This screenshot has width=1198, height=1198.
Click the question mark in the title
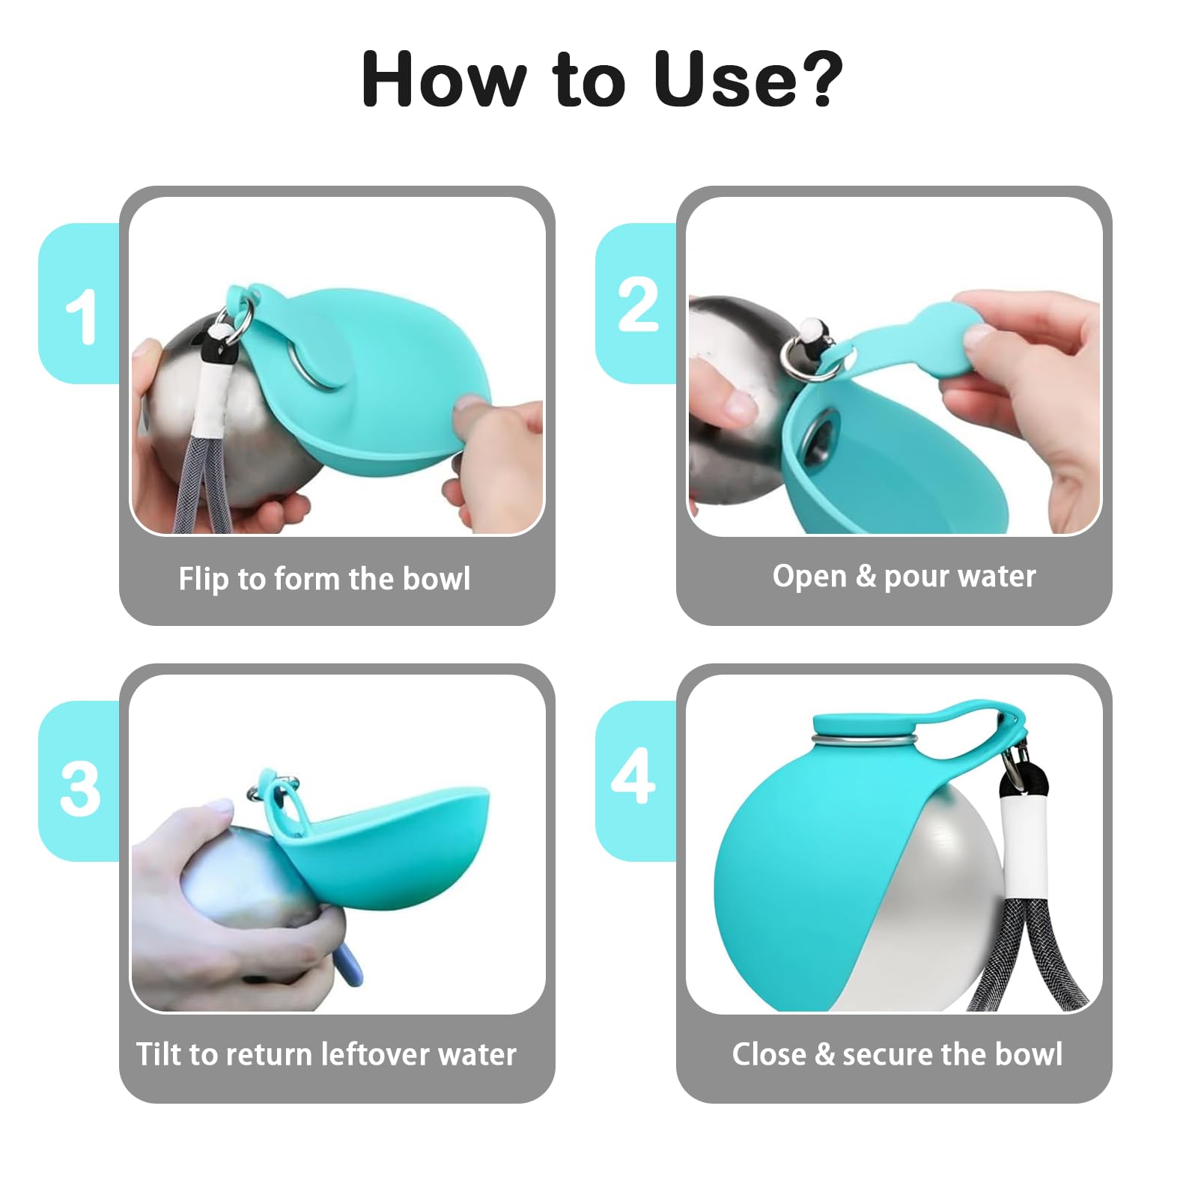tap(817, 79)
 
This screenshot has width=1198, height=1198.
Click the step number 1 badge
tap(79, 303)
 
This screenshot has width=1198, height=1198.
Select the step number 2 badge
tap(636, 303)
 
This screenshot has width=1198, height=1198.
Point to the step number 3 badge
tap(79, 781)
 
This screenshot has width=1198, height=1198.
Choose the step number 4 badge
tap(636, 781)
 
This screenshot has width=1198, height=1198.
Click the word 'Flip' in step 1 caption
tap(203, 580)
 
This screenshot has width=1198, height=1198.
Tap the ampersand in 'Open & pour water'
tap(865, 576)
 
